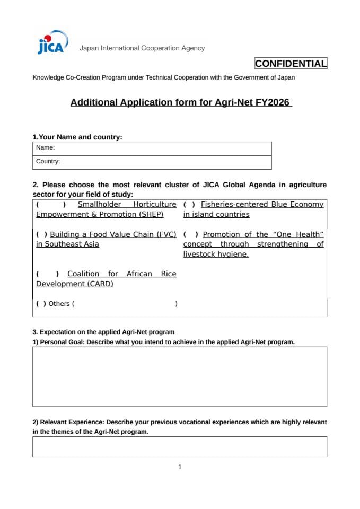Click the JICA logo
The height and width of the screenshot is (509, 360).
[x=51, y=45]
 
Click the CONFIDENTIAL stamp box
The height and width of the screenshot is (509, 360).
[x=291, y=64]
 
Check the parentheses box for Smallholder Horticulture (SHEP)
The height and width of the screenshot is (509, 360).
[x=51, y=205]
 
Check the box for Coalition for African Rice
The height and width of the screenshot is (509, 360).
[x=47, y=274]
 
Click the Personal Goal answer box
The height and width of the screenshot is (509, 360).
[x=180, y=376]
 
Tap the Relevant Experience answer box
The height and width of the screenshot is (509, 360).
[x=180, y=446]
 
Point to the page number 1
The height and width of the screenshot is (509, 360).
[x=180, y=467]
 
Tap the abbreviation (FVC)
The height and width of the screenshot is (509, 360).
[x=165, y=234]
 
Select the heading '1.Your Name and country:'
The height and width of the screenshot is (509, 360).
[x=77, y=137]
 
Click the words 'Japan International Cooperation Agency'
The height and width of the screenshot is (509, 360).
[x=142, y=48]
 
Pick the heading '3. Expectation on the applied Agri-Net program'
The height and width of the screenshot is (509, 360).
[x=103, y=332]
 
